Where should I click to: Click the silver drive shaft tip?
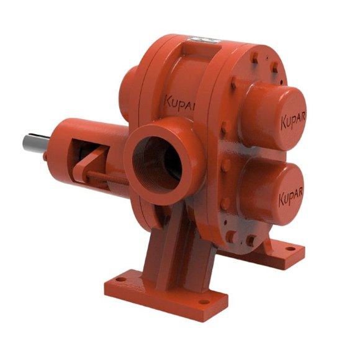(x=32, y=142)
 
